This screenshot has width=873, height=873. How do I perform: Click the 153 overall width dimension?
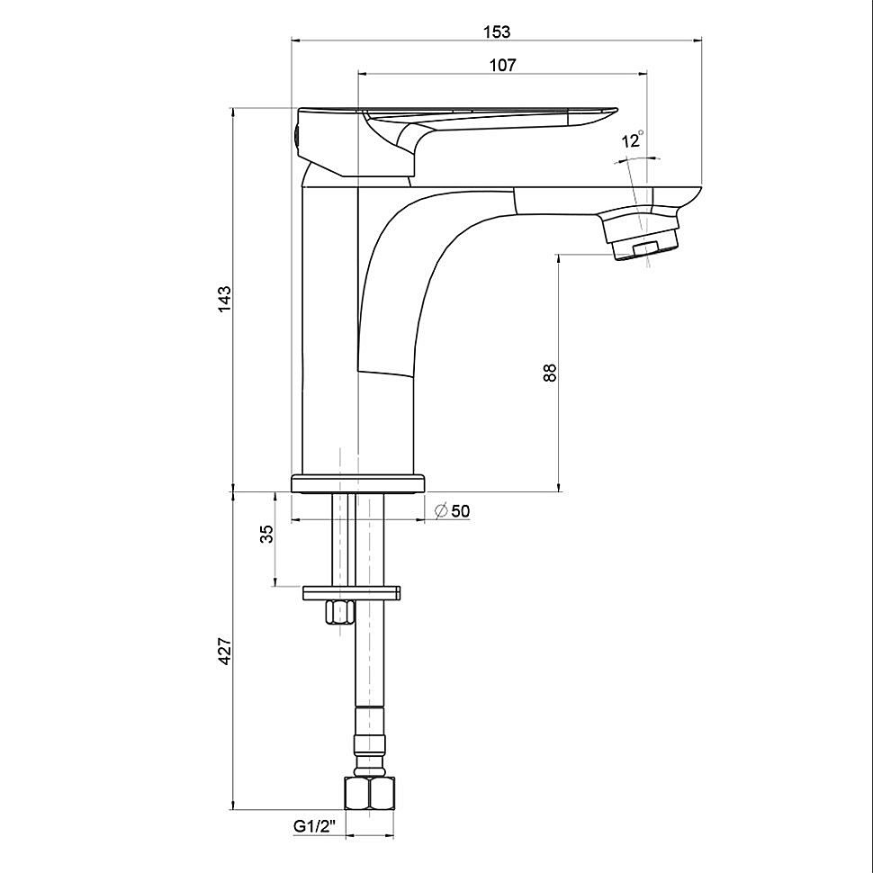497,31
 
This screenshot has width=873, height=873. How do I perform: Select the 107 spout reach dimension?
502,65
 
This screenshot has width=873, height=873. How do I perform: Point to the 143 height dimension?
224,299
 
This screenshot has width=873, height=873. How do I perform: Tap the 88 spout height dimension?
550,372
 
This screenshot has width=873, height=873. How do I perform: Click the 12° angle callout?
633,139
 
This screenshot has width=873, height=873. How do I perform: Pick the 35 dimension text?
267,534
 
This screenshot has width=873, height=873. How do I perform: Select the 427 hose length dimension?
224,651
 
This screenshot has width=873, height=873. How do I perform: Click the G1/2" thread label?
316,827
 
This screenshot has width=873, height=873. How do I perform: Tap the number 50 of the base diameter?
461,510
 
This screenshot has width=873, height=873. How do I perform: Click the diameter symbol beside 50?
442,510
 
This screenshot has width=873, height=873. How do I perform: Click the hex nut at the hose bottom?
369,793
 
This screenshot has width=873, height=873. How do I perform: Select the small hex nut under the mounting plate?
339,613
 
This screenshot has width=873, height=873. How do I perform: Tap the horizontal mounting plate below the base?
352,593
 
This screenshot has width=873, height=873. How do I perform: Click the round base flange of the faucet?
358,483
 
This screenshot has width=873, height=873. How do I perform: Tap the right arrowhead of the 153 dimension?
697,40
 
